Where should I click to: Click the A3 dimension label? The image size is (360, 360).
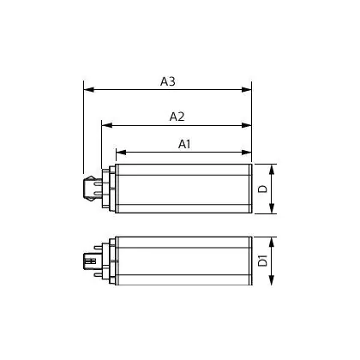[x=167, y=81]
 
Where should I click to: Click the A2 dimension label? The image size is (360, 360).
[x=177, y=117]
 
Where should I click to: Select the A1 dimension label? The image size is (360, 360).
[x=184, y=144]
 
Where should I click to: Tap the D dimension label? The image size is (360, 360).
[x=263, y=189]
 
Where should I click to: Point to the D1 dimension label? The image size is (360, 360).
[x=263, y=261]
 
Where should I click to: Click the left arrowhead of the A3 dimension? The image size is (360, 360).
[x=89, y=90]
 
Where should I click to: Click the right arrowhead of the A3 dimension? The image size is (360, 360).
[x=246, y=90]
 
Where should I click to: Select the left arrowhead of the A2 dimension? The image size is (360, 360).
[x=107, y=125]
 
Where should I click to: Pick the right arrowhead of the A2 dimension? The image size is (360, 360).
[x=246, y=125]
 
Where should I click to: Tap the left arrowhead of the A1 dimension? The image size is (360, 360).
[x=121, y=153]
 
